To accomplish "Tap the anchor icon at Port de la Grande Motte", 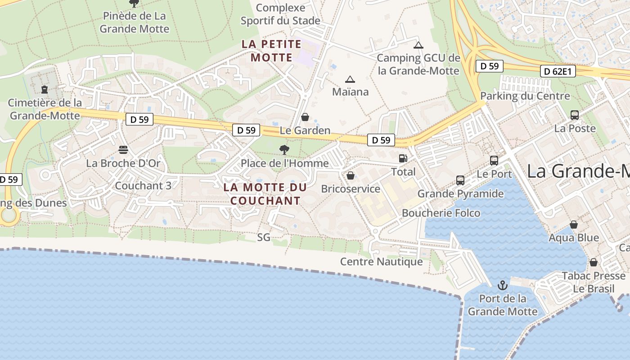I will [x=502, y=285].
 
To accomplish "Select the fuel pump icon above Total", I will [x=403, y=158].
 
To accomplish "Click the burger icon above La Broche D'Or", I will [x=123, y=149].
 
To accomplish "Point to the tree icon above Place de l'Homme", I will [x=284, y=149].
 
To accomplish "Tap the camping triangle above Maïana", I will [x=350, y=80].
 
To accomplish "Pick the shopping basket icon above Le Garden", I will [x=305, y=117].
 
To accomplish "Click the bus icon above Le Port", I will [x=494, y=160].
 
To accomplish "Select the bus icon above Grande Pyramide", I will [x=460, y=180].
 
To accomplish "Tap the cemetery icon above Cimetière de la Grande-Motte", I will [x=45, y=90].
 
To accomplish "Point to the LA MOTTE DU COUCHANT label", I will [x=265, y=194].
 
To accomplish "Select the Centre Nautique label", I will [x=381, y=261].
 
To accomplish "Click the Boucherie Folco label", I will [x=441, y=213].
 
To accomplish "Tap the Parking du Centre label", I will [x=525, y=96].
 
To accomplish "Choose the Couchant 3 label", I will [x=143, y=185].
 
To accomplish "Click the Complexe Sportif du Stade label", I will [x=280, y=14].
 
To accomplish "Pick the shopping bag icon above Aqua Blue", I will [x=574, y=224].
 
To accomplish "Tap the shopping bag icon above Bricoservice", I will [x=350, y=175].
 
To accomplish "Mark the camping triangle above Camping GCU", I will [x=418, y=45].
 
